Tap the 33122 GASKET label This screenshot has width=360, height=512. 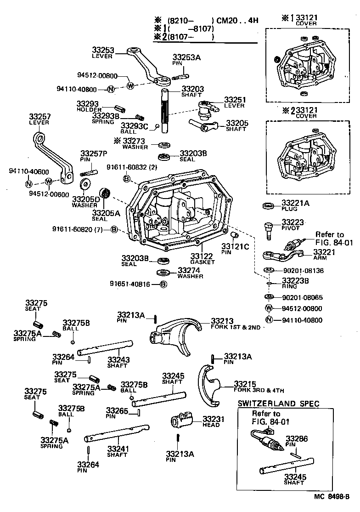[x=202, y=256]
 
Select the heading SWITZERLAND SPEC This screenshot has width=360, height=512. [x=278, y=404]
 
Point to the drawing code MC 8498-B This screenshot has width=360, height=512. [x=332, y=496]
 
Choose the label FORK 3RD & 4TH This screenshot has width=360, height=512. [x=259, y=390]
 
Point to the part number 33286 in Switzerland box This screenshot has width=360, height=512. [x=296, y=438]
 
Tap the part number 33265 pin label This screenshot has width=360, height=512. [x=117, y=410]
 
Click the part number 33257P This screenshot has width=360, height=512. [x=94, y=153]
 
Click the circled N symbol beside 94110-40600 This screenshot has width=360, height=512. [x=29, y=184]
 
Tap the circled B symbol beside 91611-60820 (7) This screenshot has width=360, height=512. [x=114, y=229]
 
